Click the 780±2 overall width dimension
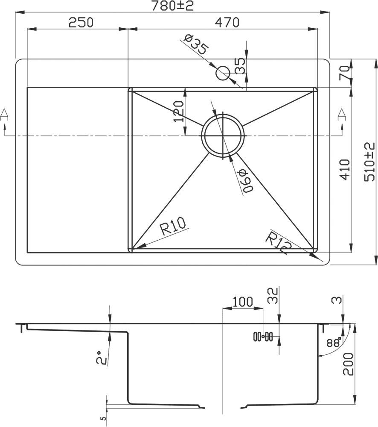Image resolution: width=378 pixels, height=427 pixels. click(172, 6)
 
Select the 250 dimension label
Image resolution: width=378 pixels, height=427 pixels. click(81, 22)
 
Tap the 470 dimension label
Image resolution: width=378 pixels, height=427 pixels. click(227, 22)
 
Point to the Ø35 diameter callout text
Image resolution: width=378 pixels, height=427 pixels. click(196, 45)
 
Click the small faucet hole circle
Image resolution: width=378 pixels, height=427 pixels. click(223, 73)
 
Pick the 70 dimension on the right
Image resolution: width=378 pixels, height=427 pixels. click(345, 72)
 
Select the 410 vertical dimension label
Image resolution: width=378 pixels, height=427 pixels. click(345, 169)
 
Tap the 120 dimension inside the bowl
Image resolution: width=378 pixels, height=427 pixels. click(178, 112)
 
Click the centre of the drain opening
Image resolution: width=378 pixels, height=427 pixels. click(223, 135)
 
